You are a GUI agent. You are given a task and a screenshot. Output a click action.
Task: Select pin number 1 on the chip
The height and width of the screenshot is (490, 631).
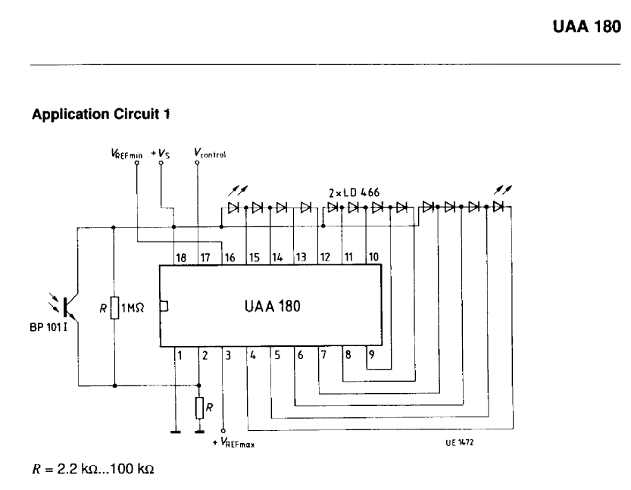point(180,354)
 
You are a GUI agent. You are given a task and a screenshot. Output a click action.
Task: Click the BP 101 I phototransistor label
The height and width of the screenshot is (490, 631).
point(55,331)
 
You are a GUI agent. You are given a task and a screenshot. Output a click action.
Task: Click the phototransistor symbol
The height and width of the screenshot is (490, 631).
point(70,305)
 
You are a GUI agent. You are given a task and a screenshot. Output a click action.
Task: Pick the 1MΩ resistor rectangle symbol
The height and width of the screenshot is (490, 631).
point(114,307)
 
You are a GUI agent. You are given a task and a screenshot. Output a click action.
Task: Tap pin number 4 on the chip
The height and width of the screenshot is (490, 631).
point(252,354)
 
